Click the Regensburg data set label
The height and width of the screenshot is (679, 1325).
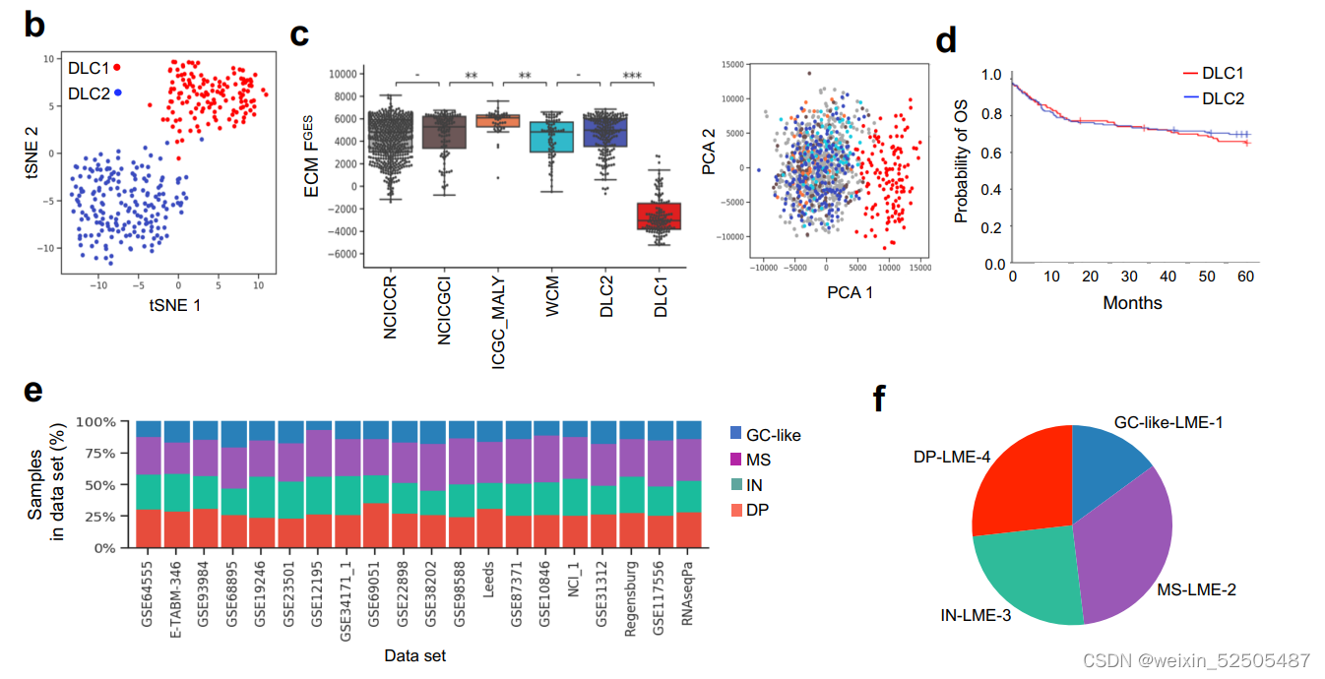point(631,598)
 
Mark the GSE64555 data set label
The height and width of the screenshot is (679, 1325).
point(148,600)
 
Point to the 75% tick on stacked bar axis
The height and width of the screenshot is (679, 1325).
point(102,453)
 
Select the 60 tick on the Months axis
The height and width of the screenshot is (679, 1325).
point(1245,278)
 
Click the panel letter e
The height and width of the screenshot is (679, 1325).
point(33,391)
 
